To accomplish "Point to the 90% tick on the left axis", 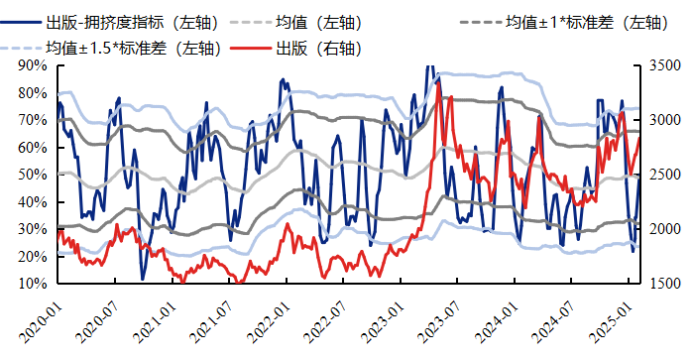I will click(x=32, y=65).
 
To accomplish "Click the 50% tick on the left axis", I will click(x=32, y=175).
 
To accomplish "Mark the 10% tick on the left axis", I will click(x=32, y=284).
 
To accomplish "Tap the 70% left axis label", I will click(x=32, y=120).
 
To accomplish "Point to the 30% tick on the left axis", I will click(x=32, y=229).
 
